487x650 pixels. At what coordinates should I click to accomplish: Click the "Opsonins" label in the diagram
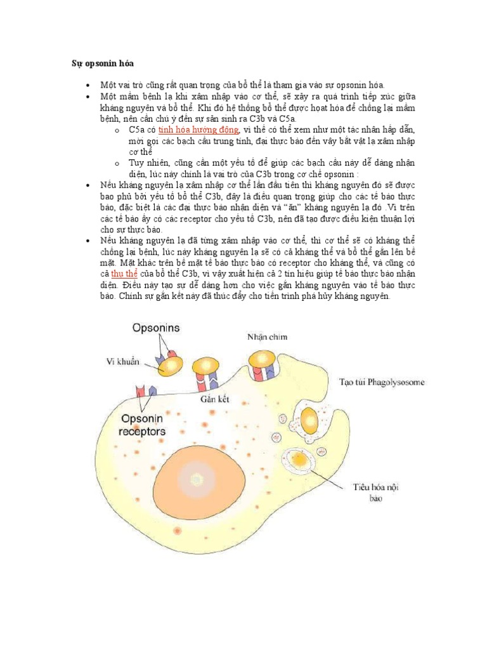pos(156,328)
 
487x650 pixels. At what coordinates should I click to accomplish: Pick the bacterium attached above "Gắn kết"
pos(205,366)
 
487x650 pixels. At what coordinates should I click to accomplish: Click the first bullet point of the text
pos(88,84)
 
